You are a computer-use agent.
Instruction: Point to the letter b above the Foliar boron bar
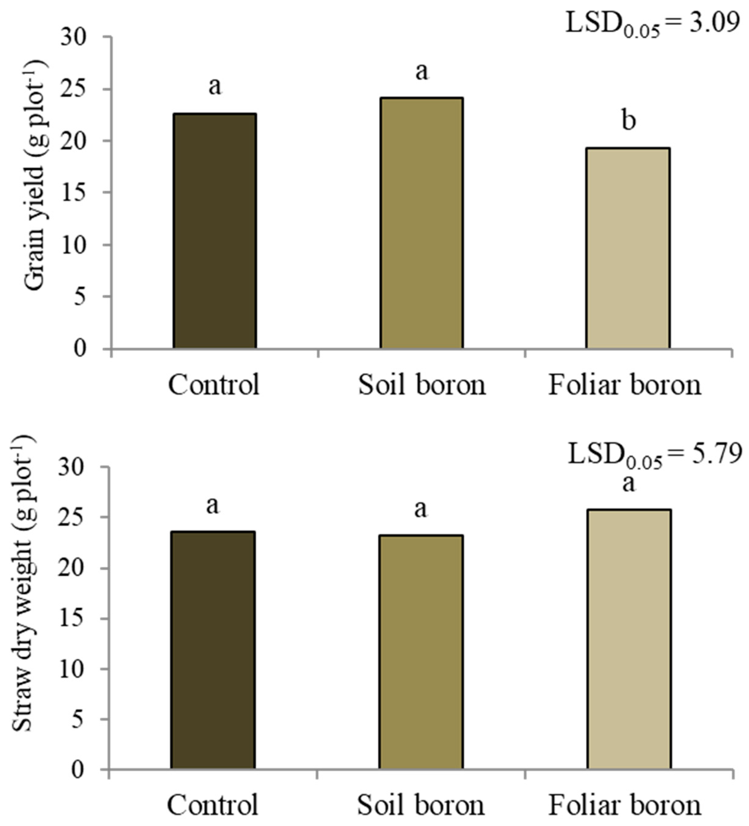(628, 121)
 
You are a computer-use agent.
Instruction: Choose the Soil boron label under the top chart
(422, 385)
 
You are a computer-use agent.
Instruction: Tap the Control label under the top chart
(214, 385)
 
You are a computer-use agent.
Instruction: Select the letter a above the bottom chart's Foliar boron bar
(628, 484)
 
